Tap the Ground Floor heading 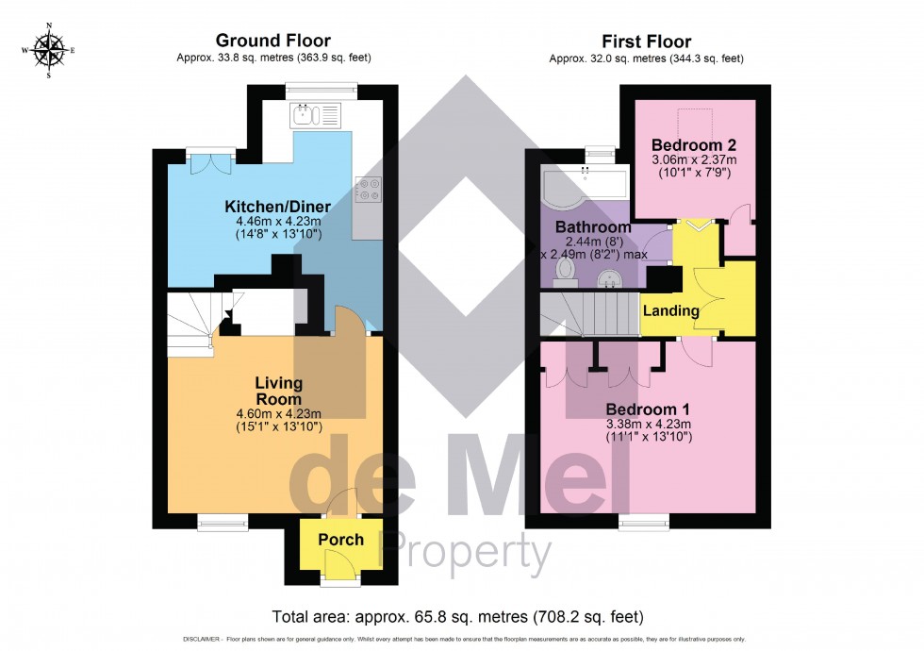(273, 41)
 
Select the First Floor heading (647, 42)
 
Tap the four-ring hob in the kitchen (367, 191)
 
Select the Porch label (340, 540)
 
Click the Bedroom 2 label (694, 145)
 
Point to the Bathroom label (592, 227)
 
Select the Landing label (670, 310)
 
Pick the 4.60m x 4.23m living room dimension (279, 413)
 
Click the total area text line (457, 617)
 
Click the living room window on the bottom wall (223, 518)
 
